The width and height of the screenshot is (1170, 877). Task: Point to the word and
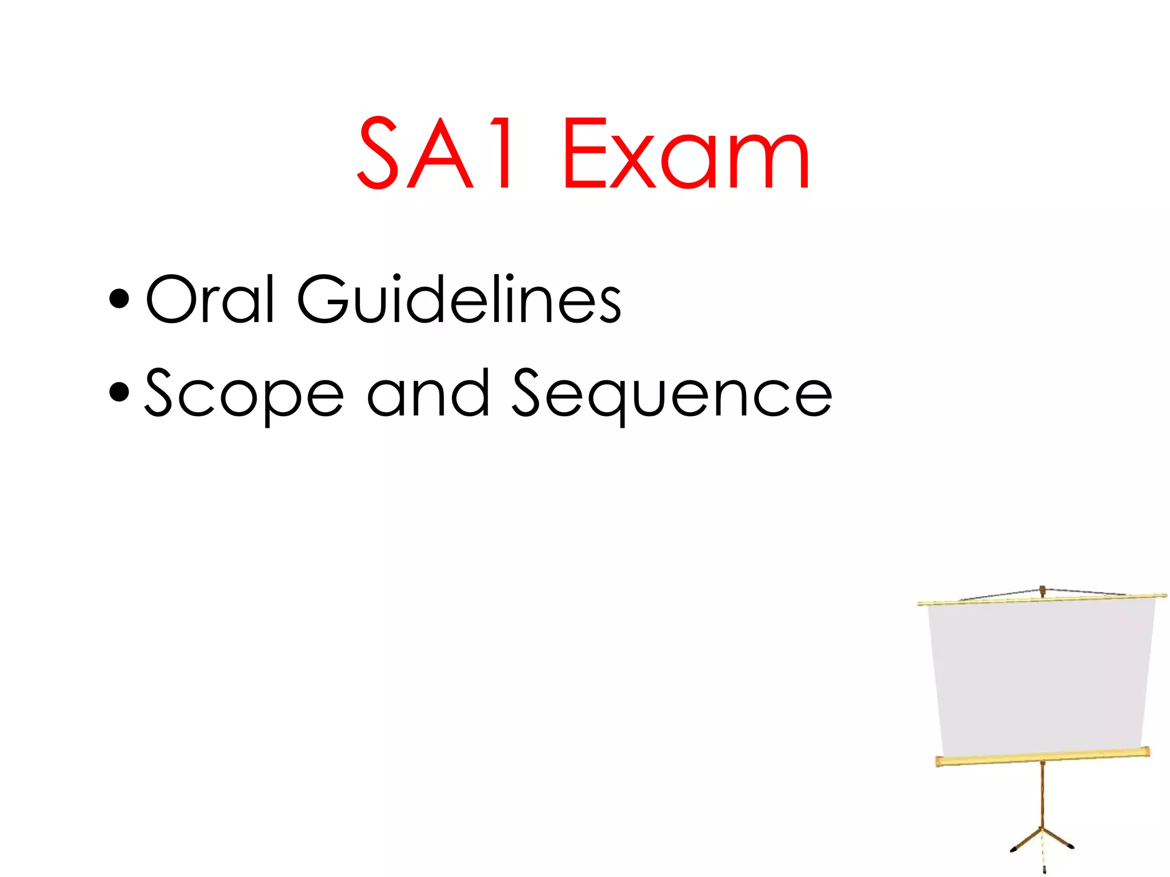click(x=428, y=393)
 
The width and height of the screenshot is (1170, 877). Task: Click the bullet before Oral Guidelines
click(x=119, y=299)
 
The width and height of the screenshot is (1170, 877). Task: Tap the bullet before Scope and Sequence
click(x=119, y=393)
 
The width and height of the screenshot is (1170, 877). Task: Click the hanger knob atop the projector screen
click(x=1043, y=589)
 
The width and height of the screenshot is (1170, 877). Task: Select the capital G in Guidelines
click(x=322, y=299)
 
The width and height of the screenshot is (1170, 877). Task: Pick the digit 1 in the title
click(x=503, y=153)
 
